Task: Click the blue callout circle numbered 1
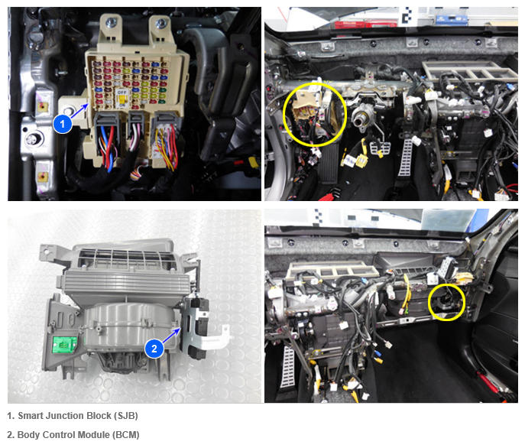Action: pos(62,124)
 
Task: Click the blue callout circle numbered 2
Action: pos(154,349)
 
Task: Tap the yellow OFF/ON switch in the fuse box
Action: pos(122,98)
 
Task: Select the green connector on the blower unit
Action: pos(64,345)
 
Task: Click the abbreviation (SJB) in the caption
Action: pos(126,416)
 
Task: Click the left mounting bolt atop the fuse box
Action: pos(111,23)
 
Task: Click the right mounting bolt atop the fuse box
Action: pos(160,23)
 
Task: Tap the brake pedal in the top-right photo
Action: pos(380,148)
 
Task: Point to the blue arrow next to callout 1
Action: pos(79,111)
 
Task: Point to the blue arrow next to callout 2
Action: pos(171,336)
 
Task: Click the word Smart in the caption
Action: pos(31,416)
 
